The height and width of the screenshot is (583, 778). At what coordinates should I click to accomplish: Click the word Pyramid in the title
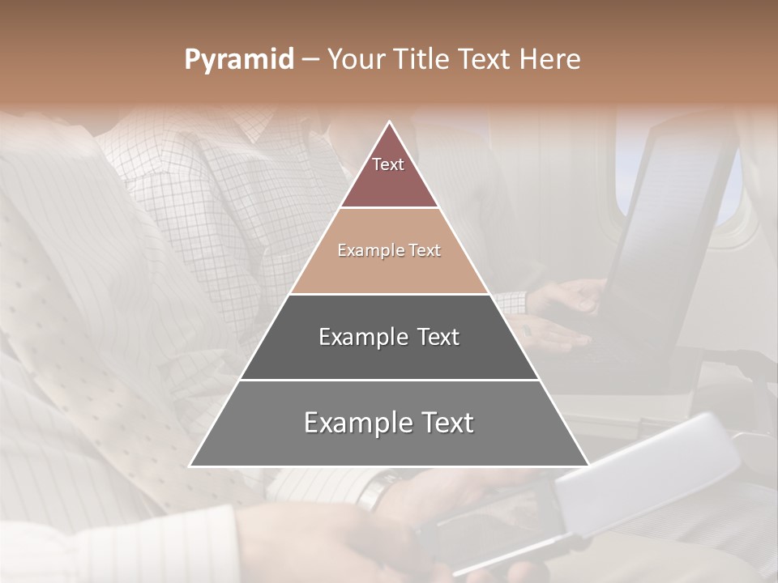click(238, 60)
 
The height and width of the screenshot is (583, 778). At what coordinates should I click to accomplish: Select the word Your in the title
click(354, 60)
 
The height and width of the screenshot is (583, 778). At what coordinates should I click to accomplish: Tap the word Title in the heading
click(421, 60)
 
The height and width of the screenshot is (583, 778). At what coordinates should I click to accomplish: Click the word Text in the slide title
click(484, 60)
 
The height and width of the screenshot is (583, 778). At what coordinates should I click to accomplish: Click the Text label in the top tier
click(388, 164)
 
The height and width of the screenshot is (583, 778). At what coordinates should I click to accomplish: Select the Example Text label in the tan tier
click(389, 250)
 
